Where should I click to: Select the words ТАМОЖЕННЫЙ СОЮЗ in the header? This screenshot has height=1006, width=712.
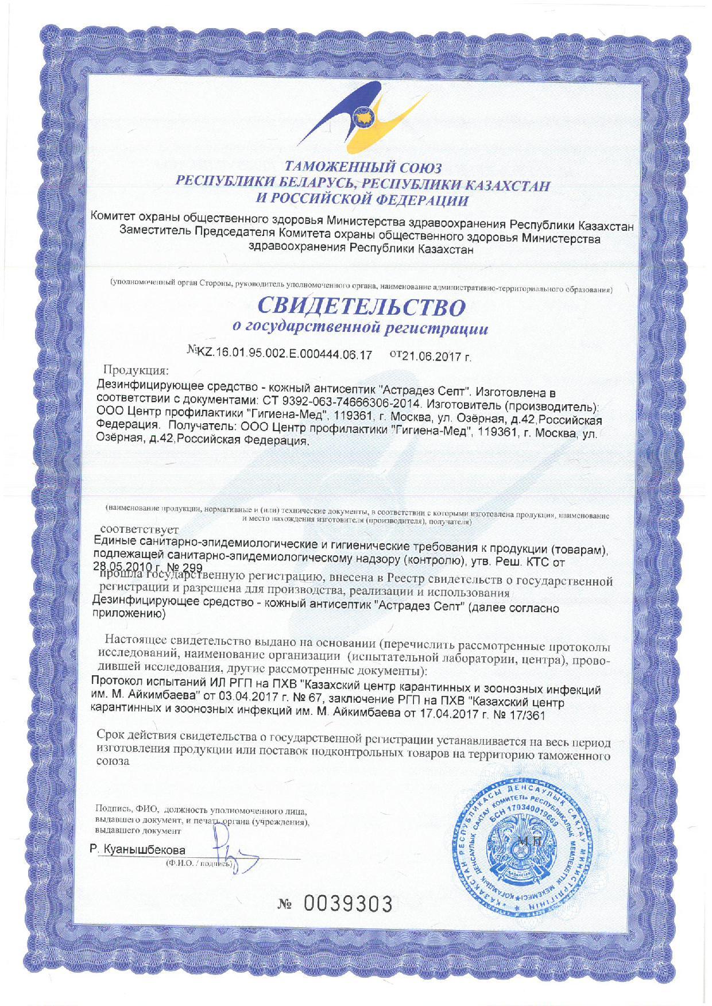(363, 168)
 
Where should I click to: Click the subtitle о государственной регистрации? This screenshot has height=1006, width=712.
(360, 328)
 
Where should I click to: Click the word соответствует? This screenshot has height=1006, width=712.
(140, 529)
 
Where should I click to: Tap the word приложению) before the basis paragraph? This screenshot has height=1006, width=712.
(129, 615)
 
